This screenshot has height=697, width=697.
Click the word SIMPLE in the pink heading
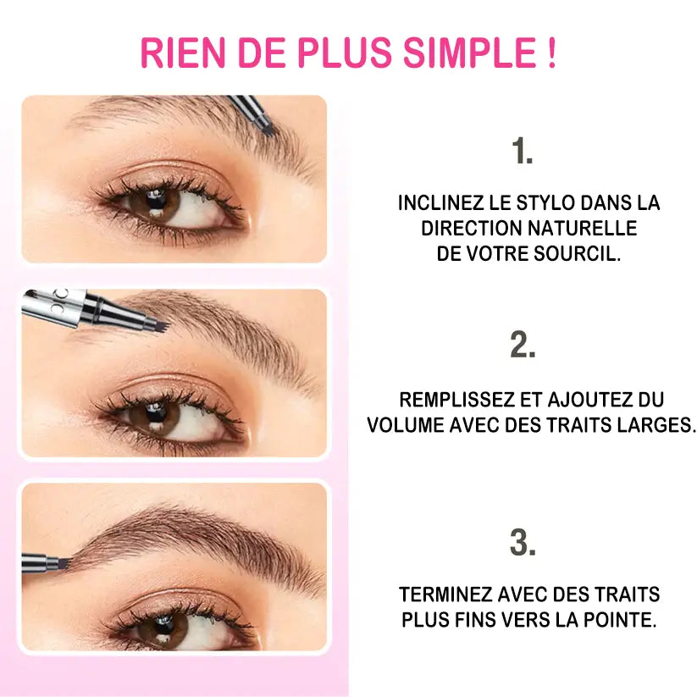click(466, 52)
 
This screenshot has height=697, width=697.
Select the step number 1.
click(522, 152)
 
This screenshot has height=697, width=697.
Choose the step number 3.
click(523, 543)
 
